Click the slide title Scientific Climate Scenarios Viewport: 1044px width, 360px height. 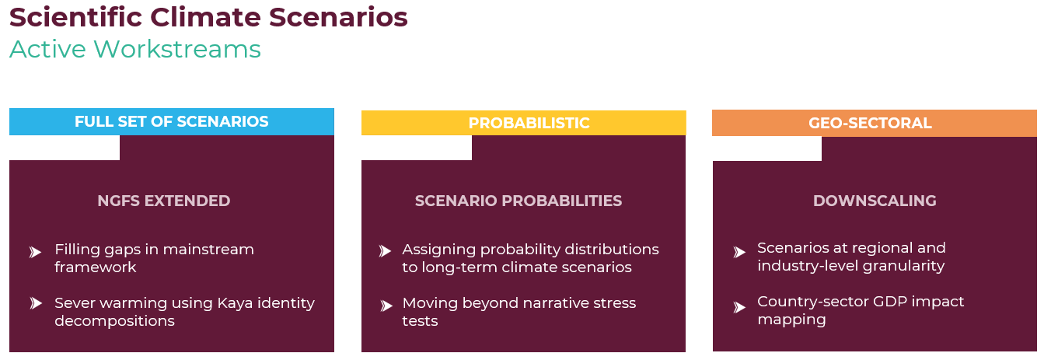click(x=208, y=17)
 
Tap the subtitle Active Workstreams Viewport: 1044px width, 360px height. click(x=135, y=50)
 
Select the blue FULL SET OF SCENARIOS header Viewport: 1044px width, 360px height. click(x=172, y=122)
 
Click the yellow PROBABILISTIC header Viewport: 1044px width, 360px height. click(x=523, y=123)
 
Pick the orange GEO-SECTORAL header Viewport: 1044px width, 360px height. click(x=875, y=123)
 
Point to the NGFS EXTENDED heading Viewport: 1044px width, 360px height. click(x=163, y=201)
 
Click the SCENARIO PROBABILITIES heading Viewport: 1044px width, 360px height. click(x=519, y=201)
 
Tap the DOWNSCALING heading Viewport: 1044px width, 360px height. click(x=875, y=201)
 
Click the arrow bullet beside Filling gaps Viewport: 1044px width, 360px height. click(x=36, y=252)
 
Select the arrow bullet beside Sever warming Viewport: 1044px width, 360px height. click(x=36, y=303)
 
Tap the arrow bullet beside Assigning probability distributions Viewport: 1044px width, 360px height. click(x=385, y=251)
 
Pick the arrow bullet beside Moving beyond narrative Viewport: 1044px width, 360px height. click(x=386, y=306)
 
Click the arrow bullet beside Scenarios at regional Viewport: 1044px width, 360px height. click(x=739, y=252)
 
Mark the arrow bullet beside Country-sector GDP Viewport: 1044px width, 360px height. click(x=739, y=307)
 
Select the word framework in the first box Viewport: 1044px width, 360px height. click(x=95, y=267)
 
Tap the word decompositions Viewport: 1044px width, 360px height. click(x=114, y=321)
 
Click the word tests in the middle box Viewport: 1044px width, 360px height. click(x=420, y=321)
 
